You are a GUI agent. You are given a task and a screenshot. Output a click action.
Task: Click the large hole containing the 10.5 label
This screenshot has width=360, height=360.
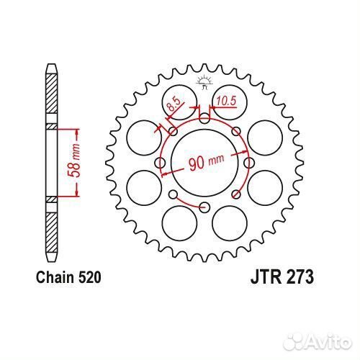tap(226, 107)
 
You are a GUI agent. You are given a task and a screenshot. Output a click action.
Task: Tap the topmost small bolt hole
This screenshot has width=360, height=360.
tap(204, 119)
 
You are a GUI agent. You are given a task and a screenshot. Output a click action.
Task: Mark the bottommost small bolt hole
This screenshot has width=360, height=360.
tap(204, 207)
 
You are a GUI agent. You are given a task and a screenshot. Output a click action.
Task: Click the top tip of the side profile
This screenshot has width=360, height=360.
tap(51, 66)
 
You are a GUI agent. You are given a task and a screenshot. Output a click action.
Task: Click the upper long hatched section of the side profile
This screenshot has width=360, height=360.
tap(51, 97)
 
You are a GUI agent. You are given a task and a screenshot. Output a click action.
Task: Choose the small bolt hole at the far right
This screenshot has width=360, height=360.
tap(248, 163)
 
